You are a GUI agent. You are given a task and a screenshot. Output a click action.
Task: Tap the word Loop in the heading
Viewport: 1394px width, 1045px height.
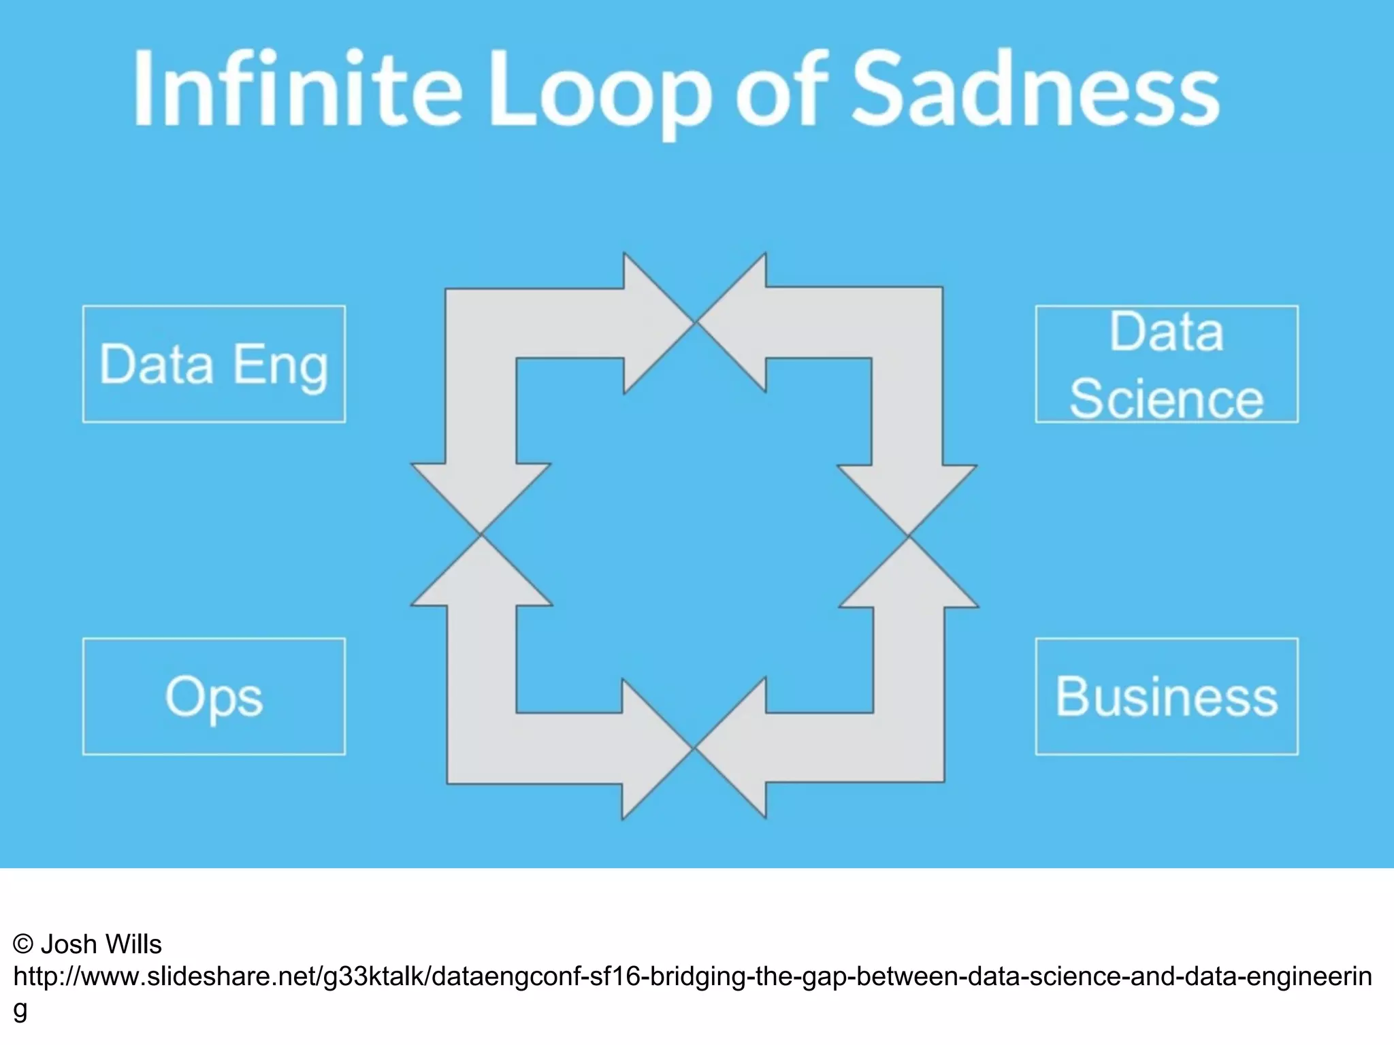point(599,92)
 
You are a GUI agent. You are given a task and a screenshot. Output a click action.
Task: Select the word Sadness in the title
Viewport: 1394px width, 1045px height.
point(1035,88)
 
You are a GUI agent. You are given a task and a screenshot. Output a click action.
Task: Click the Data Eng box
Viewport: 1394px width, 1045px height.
point(214,364)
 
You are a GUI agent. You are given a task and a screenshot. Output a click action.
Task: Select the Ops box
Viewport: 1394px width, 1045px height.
point(214,696)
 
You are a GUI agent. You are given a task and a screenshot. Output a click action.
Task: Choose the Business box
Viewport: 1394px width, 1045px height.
point(1167,696)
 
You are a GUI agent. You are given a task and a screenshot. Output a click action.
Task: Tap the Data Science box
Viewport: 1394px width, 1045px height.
point(1167,364)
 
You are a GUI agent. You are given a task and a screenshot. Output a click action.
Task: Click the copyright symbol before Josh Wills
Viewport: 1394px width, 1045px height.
point(23,944)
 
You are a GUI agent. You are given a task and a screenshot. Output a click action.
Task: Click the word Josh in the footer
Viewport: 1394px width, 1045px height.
point(68,944)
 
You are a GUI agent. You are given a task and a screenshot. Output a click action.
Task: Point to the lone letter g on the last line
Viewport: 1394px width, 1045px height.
point(20,1010)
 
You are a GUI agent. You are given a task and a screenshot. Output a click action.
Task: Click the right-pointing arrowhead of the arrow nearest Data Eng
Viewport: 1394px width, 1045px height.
point(653,322)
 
